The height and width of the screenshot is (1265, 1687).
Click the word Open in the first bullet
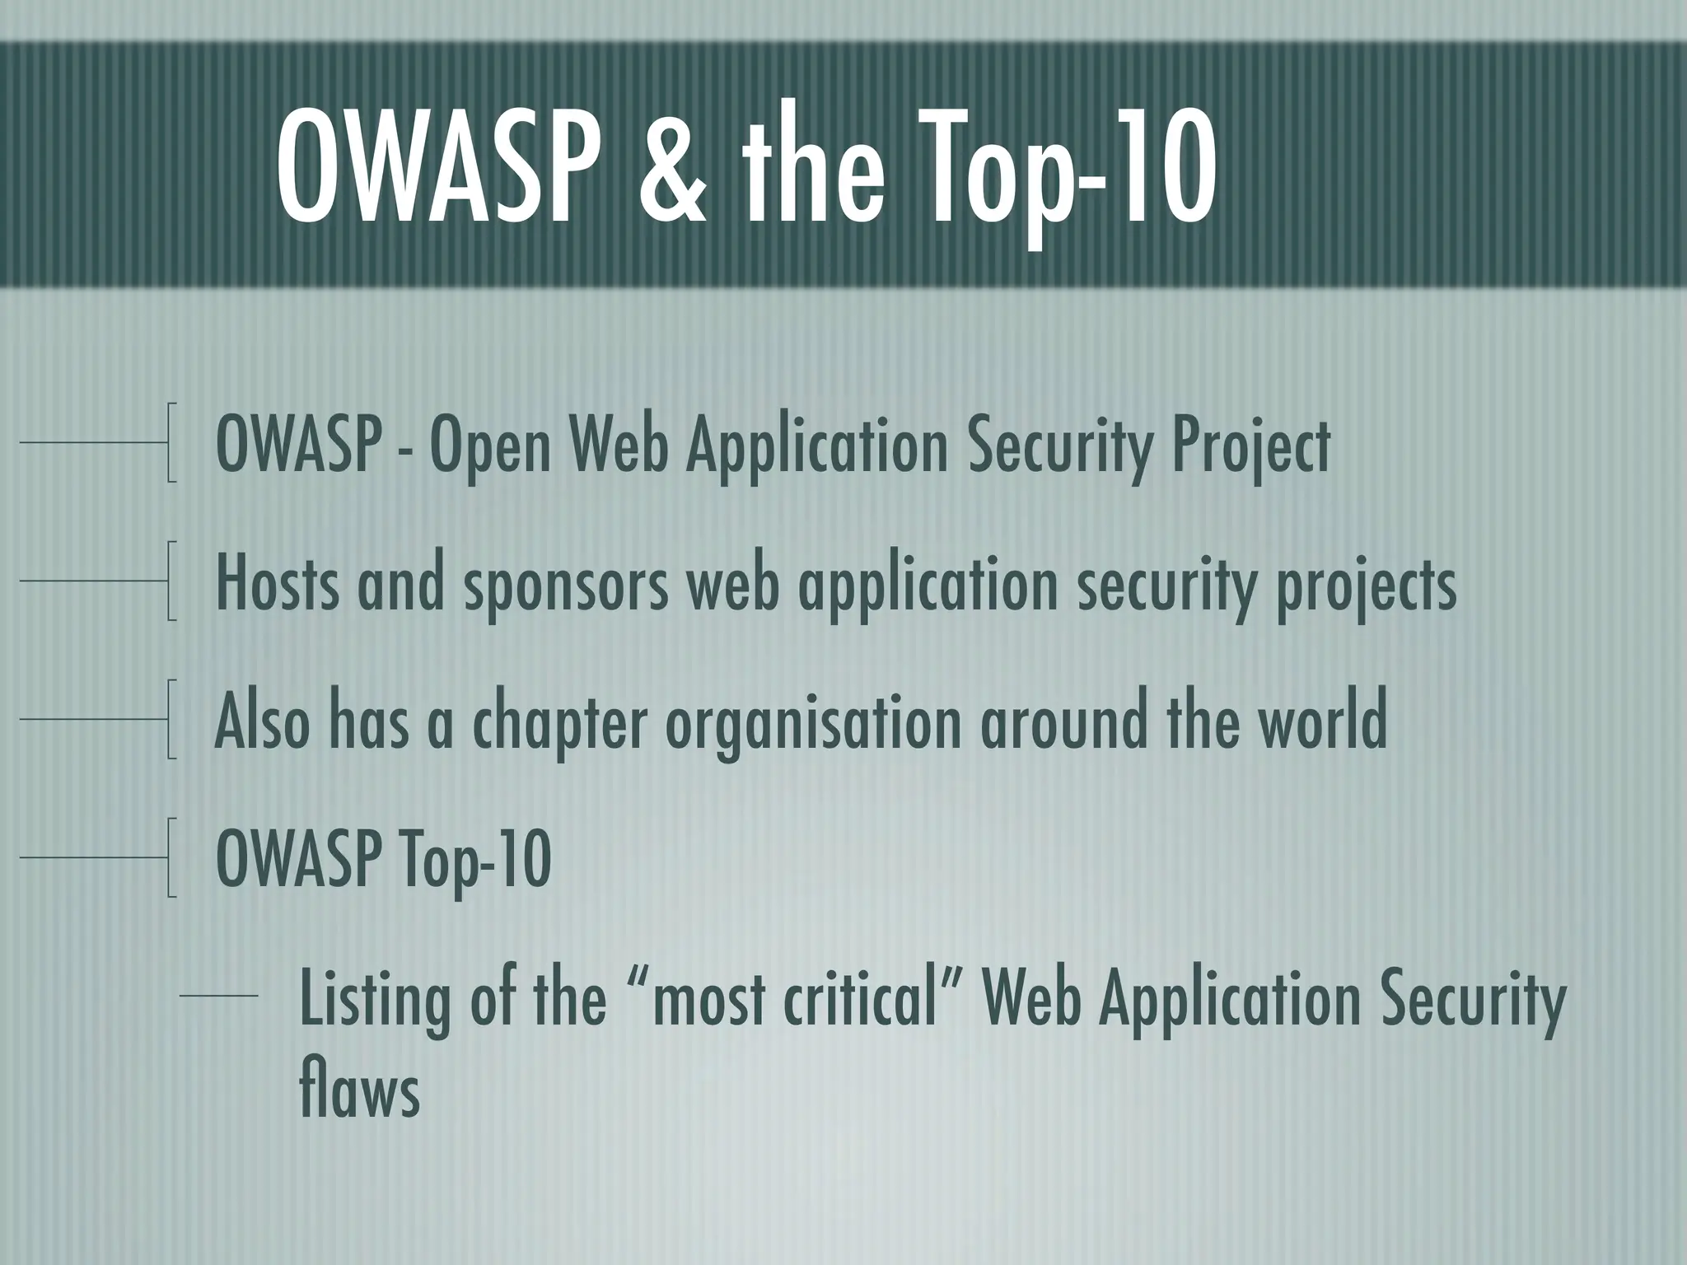pyautogui.click(x=489, y=447)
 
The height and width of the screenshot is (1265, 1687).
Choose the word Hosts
pyautogui.click(x=277, y=584)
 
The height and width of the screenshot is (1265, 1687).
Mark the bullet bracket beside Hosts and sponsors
pyautogui.click(x=171, y=581)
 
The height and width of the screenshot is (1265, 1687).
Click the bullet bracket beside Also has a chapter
pyautogui.click(x=171, y=719)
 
